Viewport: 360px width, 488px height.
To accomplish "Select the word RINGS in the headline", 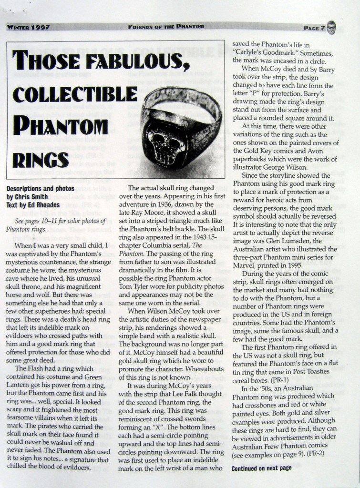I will pos(41,159).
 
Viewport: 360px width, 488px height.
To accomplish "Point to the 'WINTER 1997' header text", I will pos(29,28).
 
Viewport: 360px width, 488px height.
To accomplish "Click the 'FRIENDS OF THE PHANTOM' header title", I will pos(166,26).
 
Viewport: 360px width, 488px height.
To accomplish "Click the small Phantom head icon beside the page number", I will pos(331,28).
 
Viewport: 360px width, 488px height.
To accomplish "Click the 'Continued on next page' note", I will pos(261,468).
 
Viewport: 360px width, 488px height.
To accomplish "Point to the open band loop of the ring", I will pos(188,102).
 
